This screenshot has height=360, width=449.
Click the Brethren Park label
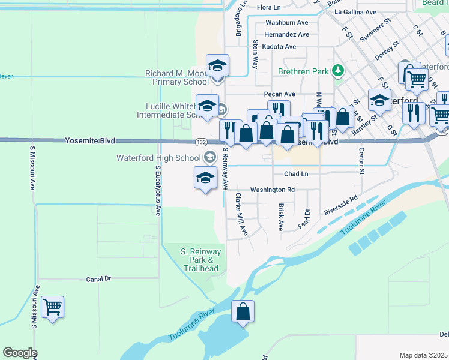click(x=303, y=71)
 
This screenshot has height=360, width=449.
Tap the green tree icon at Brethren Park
click(x=338, y=71)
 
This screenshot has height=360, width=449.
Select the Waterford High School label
click(x=160, y=158)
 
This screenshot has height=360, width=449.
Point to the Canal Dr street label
click(x=99, y=279)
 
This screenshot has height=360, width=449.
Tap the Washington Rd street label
click(x=272, y=190)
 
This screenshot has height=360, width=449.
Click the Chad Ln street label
click(x=296, y=174)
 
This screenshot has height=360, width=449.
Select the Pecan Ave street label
click(x=280, y=94)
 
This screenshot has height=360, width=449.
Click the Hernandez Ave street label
click(x=286, y=34)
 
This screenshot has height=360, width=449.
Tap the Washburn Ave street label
click(x=286, y=22)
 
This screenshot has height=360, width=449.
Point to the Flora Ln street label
click(x=268, y=7)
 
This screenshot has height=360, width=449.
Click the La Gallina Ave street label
click(x=355, y=11)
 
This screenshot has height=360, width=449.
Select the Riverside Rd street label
click(x=340, y=205)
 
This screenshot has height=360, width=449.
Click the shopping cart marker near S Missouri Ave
click(x=53, y=308)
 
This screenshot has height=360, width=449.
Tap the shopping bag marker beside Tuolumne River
click(x=243, y=313)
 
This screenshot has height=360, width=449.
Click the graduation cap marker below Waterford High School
click(x=205, y=178)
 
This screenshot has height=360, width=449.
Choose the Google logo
click(x=20, y=353)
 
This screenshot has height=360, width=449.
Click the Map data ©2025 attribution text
click(x=424, y=355)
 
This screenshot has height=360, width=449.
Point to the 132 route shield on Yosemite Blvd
click(x=200, y=142)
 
